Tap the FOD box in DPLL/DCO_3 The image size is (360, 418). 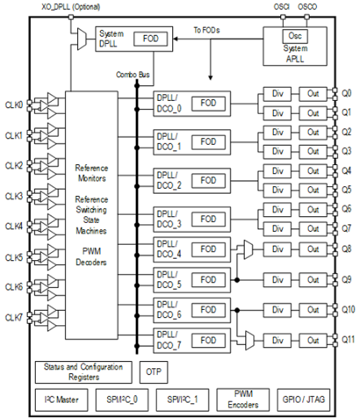coord(208,219)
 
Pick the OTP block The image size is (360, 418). coord(154,372)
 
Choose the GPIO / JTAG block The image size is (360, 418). coord(303,399)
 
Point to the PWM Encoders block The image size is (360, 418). coord(242,399)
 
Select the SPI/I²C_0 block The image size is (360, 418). coord(122,399)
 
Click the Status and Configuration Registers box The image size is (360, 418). coord(83,372)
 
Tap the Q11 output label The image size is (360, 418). coord(349,339)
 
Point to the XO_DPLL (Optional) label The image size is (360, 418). coord(71,7)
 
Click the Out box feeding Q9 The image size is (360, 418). coord(313,279)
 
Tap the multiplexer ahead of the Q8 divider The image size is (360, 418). coord(249,249)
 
